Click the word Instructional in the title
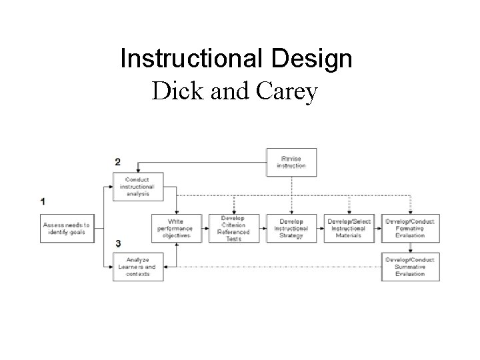click(193, 59)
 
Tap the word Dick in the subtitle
click(175, 91)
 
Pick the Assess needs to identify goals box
click(66, 228)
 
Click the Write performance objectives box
click(175, 228)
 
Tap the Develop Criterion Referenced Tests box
click(234, 228)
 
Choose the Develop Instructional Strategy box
click(291, 228)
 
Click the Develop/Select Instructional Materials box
click(349, 228)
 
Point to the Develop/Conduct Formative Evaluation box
click(409, 228)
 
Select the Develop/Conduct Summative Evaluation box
click(409, 267)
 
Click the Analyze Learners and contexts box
click(138, 267)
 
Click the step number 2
click(118, 162)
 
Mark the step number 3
click(118, 244)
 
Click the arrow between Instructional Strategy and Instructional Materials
click(321, 228)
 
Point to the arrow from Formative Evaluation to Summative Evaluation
click(409, 247)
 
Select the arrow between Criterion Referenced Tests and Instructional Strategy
click(263, 228)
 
